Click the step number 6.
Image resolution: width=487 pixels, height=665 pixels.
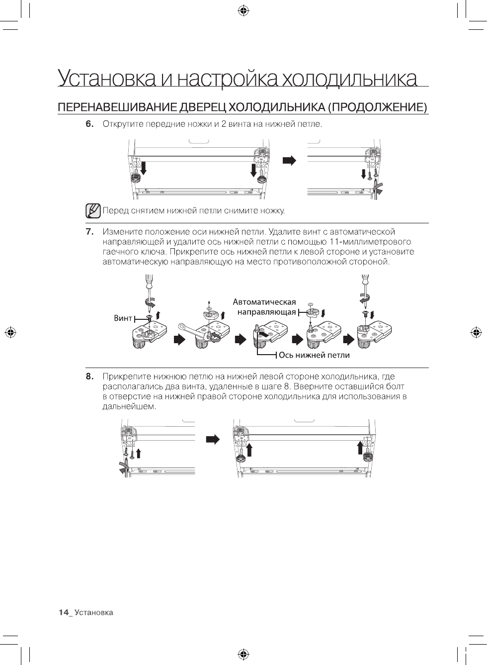point(89,124)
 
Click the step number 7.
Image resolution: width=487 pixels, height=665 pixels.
point(89,232)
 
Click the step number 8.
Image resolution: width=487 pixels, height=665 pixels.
point(89,377)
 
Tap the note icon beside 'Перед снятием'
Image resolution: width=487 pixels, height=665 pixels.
point(93,211)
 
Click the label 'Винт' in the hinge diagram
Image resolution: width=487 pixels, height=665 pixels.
point(123,318)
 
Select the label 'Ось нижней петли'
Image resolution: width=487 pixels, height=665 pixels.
point(314,355)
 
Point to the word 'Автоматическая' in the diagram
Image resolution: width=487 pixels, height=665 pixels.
point(264,302)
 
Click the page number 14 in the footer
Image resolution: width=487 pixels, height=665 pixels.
point(63,612)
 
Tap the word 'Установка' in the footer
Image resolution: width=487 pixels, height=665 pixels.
point(94,612)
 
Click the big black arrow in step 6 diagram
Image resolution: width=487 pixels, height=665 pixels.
point(290,160)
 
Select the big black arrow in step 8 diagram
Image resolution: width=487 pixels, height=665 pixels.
point(213,440)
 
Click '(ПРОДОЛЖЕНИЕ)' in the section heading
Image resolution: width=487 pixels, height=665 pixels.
point(379,107)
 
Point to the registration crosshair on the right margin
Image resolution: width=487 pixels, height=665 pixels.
point(476,332)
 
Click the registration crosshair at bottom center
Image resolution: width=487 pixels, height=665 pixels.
point(243,654)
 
